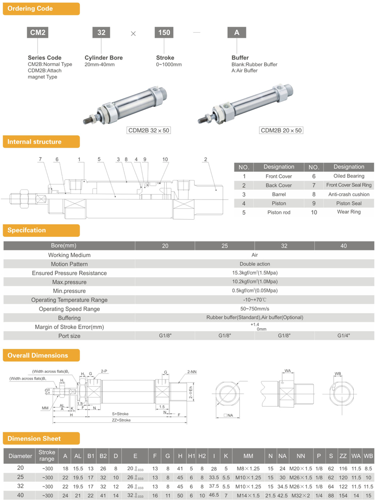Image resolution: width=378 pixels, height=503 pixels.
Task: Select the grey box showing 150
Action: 164,33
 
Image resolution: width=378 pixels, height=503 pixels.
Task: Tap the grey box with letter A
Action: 237,33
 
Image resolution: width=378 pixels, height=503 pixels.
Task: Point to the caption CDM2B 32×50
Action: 149,130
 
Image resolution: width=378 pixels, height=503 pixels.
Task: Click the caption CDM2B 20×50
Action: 281,130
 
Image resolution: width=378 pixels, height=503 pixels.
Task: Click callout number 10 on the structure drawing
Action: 165,159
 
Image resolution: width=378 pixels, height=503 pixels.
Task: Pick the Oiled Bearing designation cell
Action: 349,176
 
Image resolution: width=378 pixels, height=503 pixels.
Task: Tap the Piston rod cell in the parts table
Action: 279,213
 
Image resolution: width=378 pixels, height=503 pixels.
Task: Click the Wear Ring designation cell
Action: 349,212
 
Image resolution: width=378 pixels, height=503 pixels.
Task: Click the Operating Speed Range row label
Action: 69,309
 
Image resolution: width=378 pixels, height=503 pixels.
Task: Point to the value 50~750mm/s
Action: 255,309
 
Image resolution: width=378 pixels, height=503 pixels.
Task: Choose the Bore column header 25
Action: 225,245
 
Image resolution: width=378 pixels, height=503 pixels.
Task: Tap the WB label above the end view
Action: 338,374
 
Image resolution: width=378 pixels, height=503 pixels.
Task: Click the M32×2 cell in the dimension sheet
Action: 301,496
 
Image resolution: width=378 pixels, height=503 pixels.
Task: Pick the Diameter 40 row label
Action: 20,496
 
